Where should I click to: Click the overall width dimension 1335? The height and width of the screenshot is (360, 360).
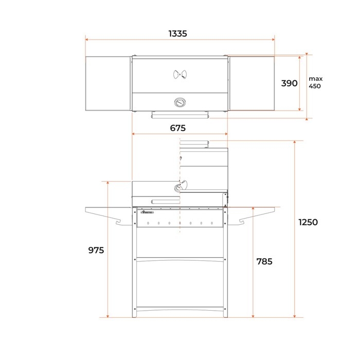point(177,33)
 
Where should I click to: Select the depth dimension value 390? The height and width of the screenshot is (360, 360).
point(289,83)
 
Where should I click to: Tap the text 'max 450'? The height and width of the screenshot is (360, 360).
point(315,82)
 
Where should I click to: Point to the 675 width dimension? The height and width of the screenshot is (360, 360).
point(177,128)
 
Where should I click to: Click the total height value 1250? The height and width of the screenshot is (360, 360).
point(308,222)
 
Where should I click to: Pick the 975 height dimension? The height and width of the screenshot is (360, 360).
point(96,250)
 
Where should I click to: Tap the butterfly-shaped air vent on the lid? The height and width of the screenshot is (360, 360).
point(179,75)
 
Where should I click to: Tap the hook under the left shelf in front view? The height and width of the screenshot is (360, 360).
point(122,221)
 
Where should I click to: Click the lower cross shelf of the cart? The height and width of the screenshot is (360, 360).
point(179,259)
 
